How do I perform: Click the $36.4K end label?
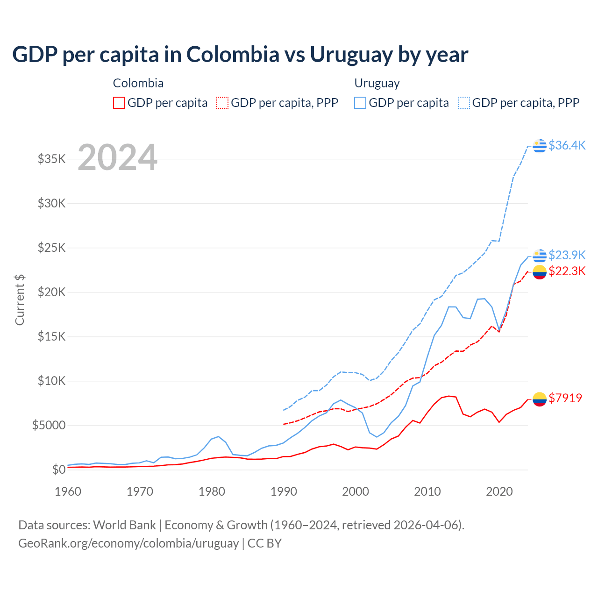tap(567, 145)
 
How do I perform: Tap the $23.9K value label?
tap(567, 255)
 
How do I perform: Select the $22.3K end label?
tap(567, 271)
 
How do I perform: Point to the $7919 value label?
tap(565, 398)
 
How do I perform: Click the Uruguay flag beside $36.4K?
tap(540, 146)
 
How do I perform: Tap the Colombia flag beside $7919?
tap(540, 399)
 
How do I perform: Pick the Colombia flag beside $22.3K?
tap(540, 272)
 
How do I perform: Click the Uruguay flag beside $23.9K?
tap(540, 256)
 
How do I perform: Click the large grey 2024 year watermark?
tap(117, 157)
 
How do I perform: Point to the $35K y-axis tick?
tap(51, 159)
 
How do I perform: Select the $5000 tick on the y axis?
tap(49, 425)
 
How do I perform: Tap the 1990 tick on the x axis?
tap(284, 491)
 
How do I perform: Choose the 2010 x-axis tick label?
tap(427, 491)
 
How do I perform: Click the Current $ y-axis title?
tap(20, 300)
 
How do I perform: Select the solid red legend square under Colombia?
tap(119, 103)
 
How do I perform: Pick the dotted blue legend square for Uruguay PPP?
tap(464, 103)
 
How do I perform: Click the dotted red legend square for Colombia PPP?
tap(223, 103)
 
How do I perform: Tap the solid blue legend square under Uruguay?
tap(360, 103)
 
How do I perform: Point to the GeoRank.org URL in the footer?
tap(128, 543)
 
